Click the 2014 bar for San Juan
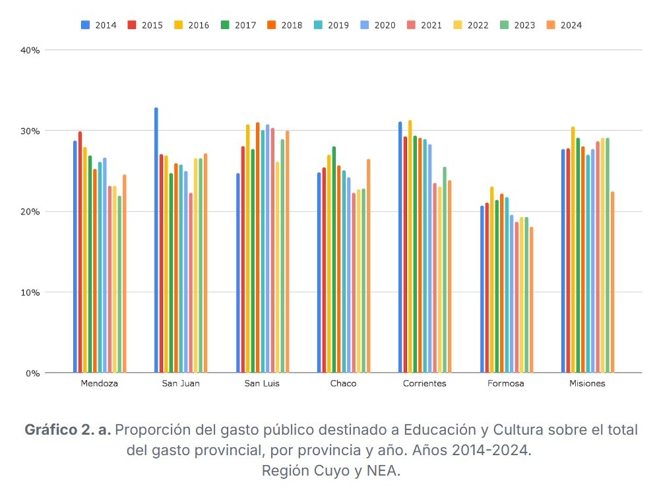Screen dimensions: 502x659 pyautogui.click(x=156, y=240)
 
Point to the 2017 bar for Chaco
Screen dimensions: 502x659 pyautogui.click(x=334, y=260)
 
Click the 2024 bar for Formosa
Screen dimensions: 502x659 pyautogui.click(x=532, y=300)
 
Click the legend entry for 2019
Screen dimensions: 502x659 pyautogui.click(x=332, y=25)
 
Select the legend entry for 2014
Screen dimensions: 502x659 pyautogui.click(x=99, y=25)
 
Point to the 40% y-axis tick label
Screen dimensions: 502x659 pyautogui.click(x=31, y=50)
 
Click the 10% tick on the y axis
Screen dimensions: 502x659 pyautogui.click(x=31, y=292)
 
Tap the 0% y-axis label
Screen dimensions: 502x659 pyautogui.click(x=33, y=373)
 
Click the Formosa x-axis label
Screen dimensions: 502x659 pyautogui.click(x=506, y=384)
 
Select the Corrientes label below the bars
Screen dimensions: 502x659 pyautogui.click(x=424, y=384)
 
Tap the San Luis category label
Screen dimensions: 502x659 pyautogui.click(x=262, y=384)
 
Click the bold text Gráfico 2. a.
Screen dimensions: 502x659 pyautogui.click(x=68, y=430)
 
